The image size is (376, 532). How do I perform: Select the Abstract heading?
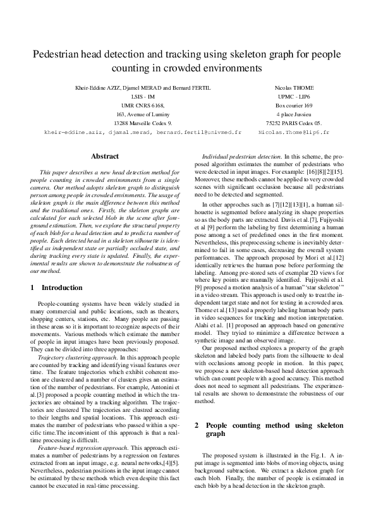coord(104,155)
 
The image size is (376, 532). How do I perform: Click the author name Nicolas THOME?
coord(294,87)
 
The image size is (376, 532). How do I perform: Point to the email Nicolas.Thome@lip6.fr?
coord(294,133)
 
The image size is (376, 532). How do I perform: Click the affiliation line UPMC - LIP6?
coord(294,96)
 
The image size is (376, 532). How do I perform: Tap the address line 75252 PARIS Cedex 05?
coord(294,124)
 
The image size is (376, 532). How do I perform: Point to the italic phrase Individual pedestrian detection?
coord(241,155)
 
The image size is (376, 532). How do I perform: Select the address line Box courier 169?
coord(294,106)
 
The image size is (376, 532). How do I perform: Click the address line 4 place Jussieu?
coord(294,114)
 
